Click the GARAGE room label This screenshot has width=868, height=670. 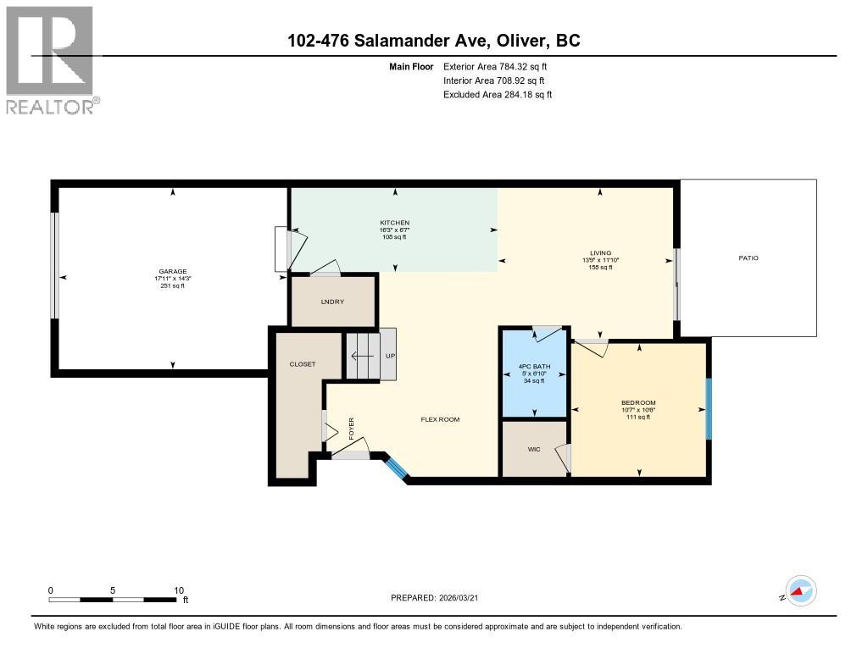click(171, 271)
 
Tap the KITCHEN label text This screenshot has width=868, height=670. click(394, 223)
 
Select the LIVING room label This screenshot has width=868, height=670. click(600, 252)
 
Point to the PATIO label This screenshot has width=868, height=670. click(748, 257)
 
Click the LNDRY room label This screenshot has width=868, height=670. click(332, 302)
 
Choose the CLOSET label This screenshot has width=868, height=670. click(302, 364)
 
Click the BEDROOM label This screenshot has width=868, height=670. click(638, 402)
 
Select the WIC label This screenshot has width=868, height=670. click(533, 449)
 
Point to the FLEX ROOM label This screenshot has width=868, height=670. click(440, 419)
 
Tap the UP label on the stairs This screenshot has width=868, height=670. click(390, 356)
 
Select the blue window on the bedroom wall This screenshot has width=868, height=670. click(709, 407)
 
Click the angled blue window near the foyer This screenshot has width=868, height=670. click(395, 467)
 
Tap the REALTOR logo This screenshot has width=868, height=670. click(52, 60)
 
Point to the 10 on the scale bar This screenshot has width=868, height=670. click(179, 590)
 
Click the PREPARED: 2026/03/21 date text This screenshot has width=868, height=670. click(440, 597)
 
